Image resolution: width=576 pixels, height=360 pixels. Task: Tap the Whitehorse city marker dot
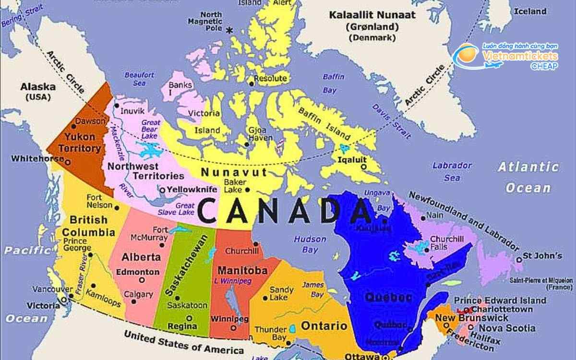coord(68,162)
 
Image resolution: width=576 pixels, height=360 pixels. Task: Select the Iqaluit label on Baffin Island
coord(352,160)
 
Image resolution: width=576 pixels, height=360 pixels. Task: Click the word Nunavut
coord(227,172)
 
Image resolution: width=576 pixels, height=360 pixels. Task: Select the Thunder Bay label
coord(270,334)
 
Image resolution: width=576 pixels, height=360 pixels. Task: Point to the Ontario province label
coord(324,326)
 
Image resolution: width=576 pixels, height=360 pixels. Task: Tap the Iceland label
coord(530,11)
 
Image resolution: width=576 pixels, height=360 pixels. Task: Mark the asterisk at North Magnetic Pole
coord(229,30)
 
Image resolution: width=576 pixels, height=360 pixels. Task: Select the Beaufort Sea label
coord(139,79)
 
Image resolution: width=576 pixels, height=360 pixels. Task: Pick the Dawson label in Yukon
coord(90,121)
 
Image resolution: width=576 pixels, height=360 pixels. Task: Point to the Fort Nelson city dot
coord(117,207)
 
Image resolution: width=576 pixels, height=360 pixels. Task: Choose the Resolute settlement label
coord(270,78)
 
